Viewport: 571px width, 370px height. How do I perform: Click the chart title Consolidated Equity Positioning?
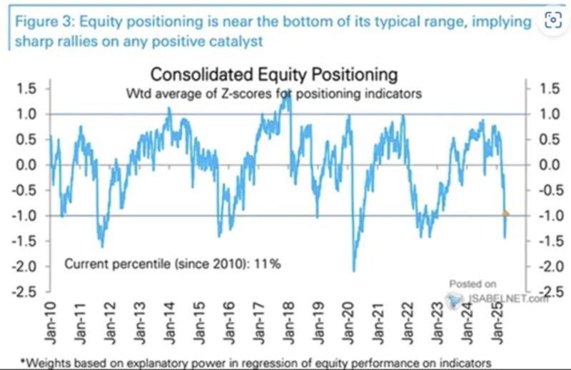pos(273,74)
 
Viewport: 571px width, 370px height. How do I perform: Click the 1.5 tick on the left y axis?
pos(27,89)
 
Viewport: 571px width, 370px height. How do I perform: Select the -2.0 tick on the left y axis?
pos(25,266)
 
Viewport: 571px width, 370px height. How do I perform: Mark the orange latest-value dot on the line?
pos(506,214)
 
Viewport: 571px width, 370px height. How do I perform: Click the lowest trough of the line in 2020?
pos(354,270)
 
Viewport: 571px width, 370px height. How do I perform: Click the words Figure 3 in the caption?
pos(36,21)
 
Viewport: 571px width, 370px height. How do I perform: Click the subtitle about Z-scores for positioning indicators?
pos(273,92)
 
